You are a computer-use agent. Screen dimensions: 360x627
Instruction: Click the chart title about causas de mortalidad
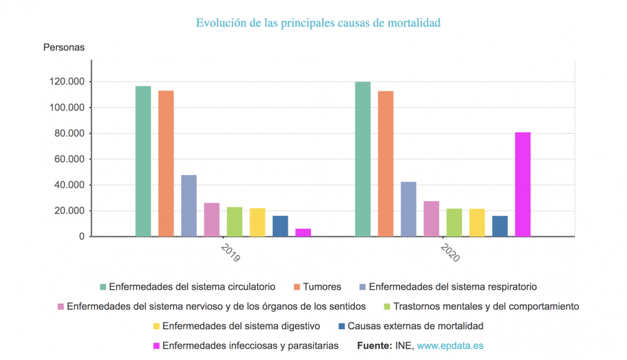click(x=318, y=23)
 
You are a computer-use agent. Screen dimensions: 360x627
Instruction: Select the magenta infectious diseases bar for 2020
click(x=522, y=184)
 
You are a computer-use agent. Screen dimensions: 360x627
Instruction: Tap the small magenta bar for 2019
click(x=303, y=233)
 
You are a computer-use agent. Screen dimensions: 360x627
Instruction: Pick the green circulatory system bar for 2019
click(x=143, y=161)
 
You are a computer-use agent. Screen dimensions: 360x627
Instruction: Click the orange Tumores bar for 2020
click(x=386, y=164)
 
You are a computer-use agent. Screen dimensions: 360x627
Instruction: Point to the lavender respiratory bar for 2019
click(x=189, y=206)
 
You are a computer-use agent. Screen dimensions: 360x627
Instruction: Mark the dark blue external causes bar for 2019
click(x=280, y=226)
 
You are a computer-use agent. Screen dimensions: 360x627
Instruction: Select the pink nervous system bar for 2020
click(x=431, y=219)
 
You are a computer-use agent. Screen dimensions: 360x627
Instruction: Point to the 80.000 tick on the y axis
click(x=69, y=134)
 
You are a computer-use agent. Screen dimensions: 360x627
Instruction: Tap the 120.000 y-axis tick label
click(x=66, y=82)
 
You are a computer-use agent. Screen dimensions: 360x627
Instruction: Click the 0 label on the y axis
click(x=81, y=236)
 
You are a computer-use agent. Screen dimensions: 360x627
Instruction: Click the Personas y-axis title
click(x=63, y=47)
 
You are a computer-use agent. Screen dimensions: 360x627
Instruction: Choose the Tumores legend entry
click(x=322, y=287)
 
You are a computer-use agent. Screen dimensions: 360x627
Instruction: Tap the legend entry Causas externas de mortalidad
click(x=415, y=326)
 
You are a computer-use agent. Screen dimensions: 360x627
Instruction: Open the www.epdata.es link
click(x=450, y=346)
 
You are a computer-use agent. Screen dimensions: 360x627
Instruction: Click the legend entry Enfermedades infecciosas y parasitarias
click(x=250, y=346)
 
